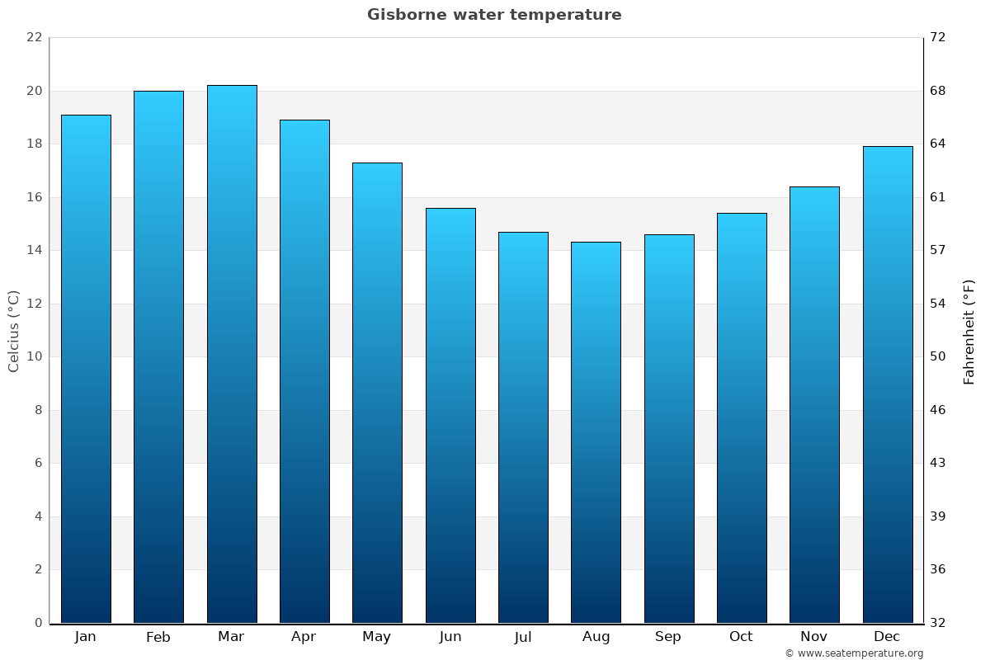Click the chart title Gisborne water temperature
pyautogui.click(x=494, y=15)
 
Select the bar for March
pyautogui.click(x=232, y=355)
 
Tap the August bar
pyautogui.click(x=596, y=433)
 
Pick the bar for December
pyautogui.click(x=888, y=384)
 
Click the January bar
pyautogui.click(x=86, y=369)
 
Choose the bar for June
pyautogui.click(x=450, y=416)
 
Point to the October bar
pyautogui.click(x=742, y=418)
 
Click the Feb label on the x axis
pyautogui.click(x=158, y=637)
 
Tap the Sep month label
pyautogui.click(x=668, y=637)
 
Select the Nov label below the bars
pyautogui.click(x=814, y=637)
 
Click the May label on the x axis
pyautogui.click(x=377, y=637)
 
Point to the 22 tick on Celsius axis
pyautogui.click(x=34, y=37)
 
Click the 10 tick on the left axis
pyautogui.click(x=34, y=356)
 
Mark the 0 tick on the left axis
pyautogui.click(x=38, y=623)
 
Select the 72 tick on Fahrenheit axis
pyautogui.click(x=938, y=37)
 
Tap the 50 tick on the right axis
pyautogui.click(x=938, y=356)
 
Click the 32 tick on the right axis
pyautogui.click(x=938, y=623)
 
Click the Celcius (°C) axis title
pyautogui.click(x=13, y=331)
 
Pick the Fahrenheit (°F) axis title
pyautogui.click(x=969, y=331)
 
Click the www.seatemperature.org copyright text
pyautogui.click(x=854, y=653)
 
